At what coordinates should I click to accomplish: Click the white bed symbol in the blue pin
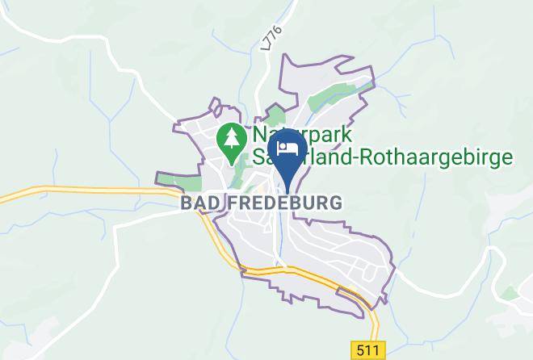coord(288,148)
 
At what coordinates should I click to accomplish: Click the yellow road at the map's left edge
coord(8,195)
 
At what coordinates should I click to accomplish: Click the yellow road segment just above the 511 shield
coord(374,319)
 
